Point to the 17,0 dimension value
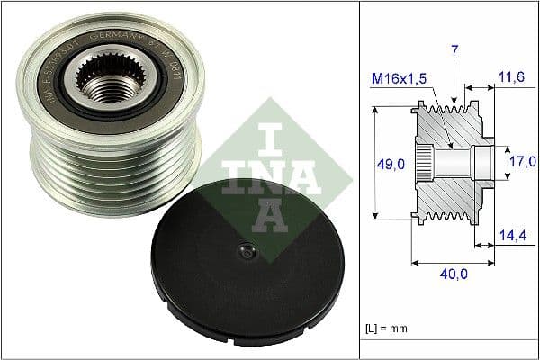click(522, 162)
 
